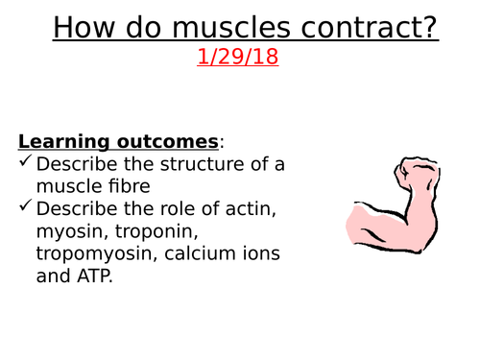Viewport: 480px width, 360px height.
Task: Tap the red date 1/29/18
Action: pos(237,57)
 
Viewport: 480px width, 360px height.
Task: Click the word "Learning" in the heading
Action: pos(60,141)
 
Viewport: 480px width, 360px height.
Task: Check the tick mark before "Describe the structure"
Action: pos(26,164)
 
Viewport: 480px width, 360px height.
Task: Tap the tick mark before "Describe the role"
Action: pos(26,206)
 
